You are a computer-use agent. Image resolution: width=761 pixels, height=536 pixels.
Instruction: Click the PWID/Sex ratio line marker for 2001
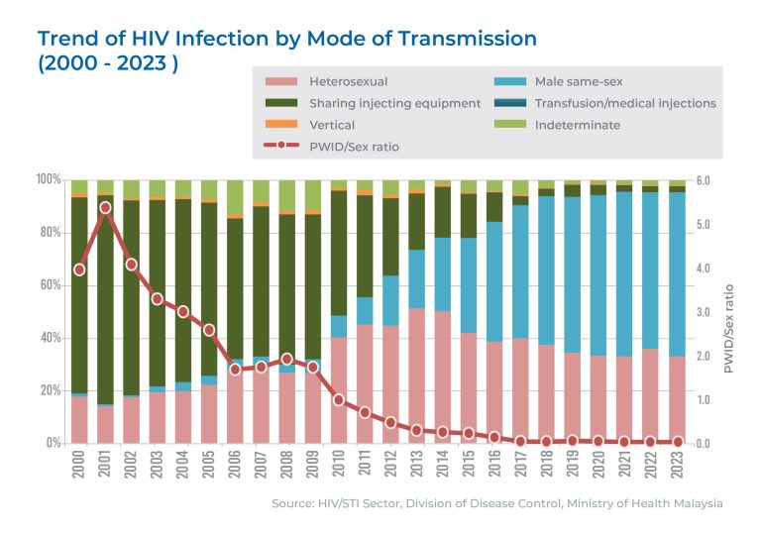tap(106, 208)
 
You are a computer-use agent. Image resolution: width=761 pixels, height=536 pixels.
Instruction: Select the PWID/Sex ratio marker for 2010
tap(339, 400)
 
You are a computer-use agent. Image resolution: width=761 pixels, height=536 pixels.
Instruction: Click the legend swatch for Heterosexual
tap(282, 81)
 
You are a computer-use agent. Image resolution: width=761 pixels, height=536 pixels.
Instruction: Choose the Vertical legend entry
tap(331, 126)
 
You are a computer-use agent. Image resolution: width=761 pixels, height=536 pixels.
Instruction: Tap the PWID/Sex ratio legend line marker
tap(282, 147)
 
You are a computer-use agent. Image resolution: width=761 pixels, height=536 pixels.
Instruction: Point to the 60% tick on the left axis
tap(49, 285)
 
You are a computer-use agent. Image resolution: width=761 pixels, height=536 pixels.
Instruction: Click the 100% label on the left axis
tap(47, 179)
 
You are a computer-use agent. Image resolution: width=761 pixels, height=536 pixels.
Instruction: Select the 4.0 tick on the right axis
tap(704, 268)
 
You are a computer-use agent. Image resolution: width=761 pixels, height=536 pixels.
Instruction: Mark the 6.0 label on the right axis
tap(704, 180)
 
